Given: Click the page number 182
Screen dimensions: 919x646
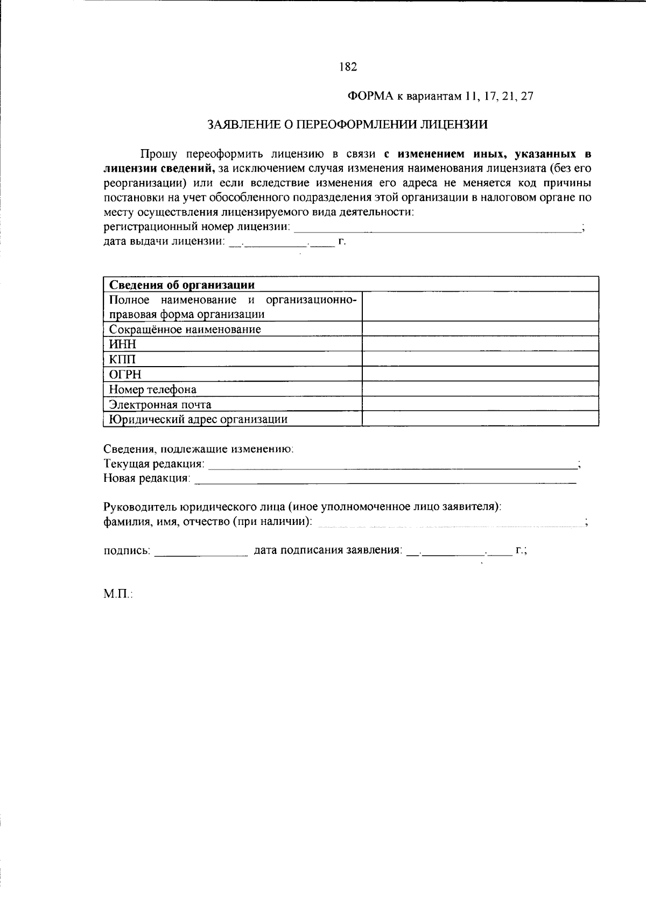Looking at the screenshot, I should [348, 67].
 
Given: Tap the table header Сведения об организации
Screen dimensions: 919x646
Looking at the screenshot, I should [181, 285].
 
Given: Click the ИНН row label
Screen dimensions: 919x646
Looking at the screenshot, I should [123, 344].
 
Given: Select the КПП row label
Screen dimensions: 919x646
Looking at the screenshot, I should [122, 359].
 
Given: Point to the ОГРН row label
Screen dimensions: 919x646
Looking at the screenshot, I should [125, 374].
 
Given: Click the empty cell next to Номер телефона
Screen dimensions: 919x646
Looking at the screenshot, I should [480, 389].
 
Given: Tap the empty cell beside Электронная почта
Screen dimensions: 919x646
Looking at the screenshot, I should [480, 404].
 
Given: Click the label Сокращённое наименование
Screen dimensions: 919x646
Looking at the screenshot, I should [185, 329].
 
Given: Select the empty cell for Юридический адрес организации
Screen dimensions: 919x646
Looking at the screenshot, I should [480, 419].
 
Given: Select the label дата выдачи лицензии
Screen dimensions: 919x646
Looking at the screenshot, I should [163, 242].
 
